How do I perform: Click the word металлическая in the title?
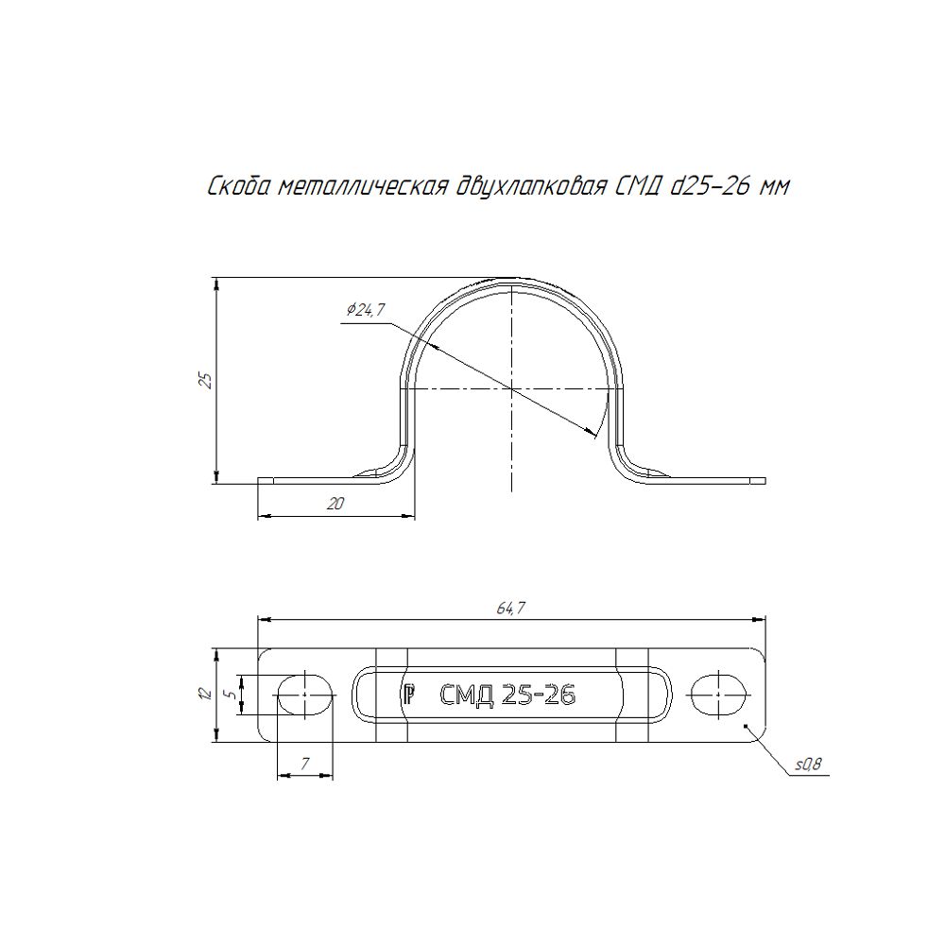pyautogui.click(x=363, y=188)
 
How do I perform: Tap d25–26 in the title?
pyautogui.click(x=712, y=187)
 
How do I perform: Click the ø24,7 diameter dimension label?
pyautogui.click(x=366, y=310)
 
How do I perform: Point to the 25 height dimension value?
pyautogui.click(x=206, y=380)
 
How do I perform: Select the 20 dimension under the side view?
pyautogui.click(x=335, y=504)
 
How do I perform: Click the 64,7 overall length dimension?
pyautogui.click(x=511, y=609)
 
